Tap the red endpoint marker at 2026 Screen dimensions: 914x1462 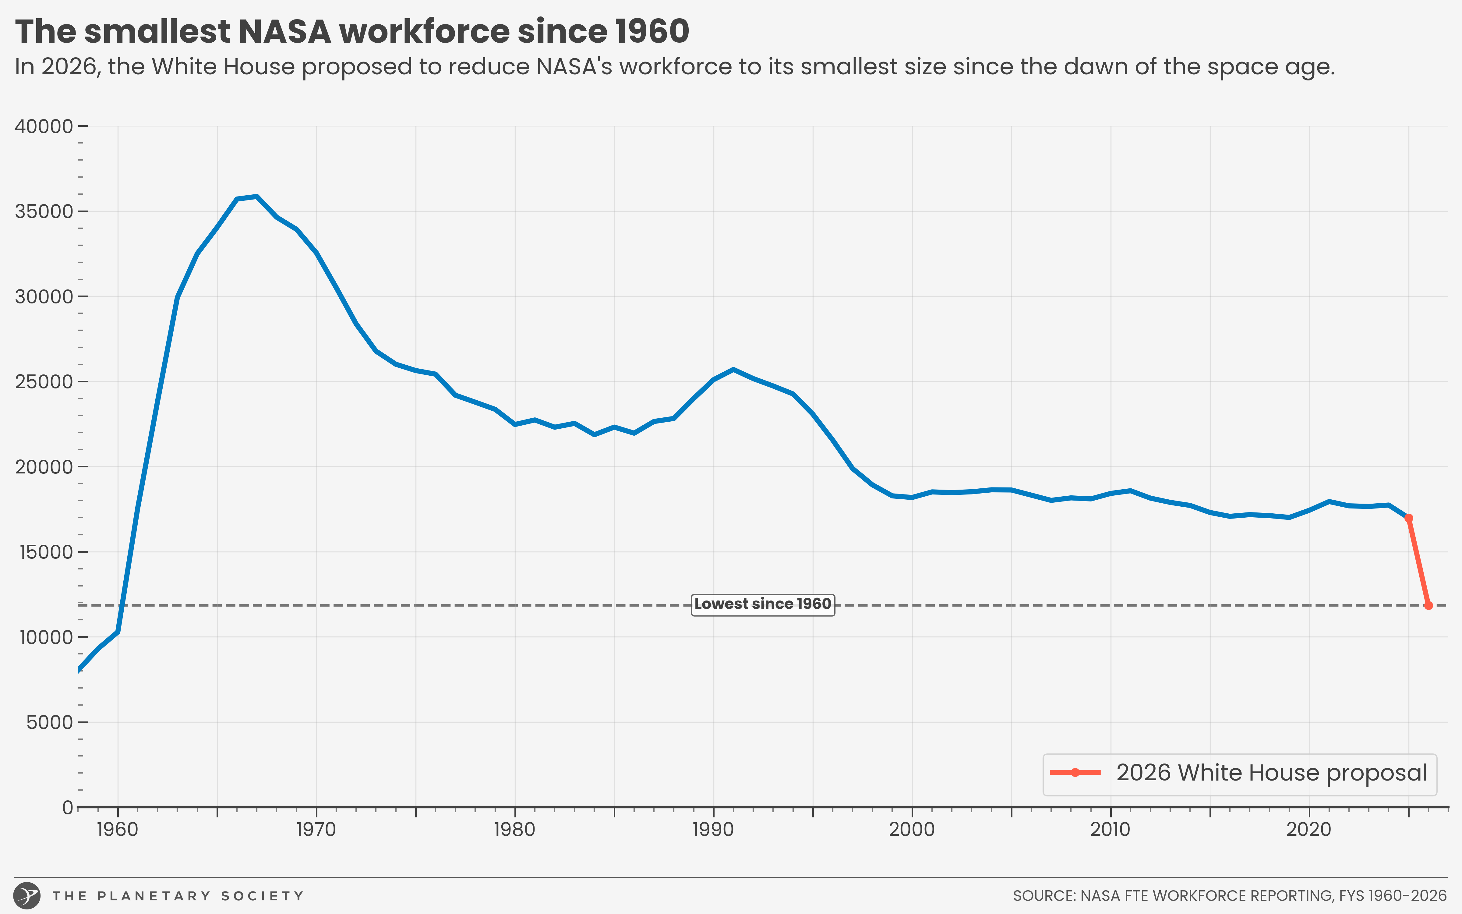click(1428, 605)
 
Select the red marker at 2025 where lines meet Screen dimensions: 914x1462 click(1408, 518)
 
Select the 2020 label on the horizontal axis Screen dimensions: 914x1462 click(1308, 829)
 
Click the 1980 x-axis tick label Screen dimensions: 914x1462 click(515, 829)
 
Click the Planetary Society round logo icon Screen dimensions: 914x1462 click(27, 895)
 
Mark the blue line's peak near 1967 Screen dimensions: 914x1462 click(257, 197)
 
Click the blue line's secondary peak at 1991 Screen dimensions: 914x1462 click(733, 369)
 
